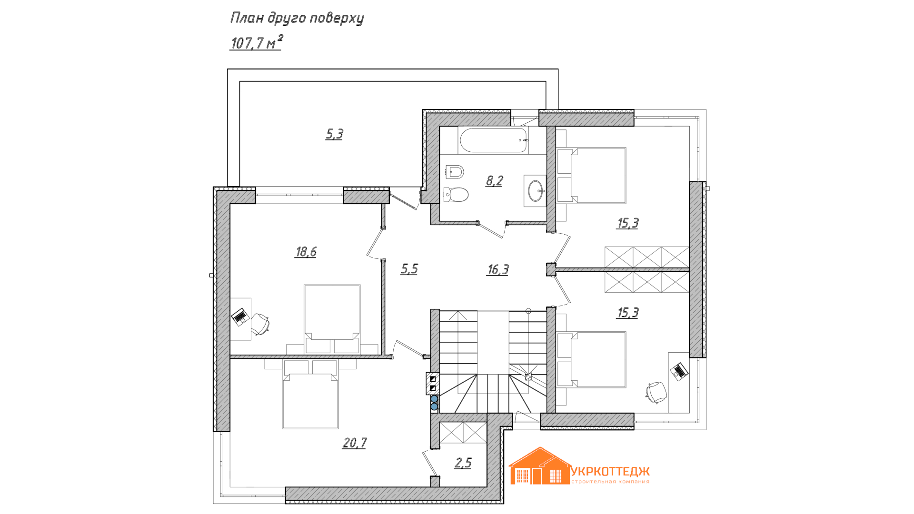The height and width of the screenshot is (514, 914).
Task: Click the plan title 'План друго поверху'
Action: point(297,18)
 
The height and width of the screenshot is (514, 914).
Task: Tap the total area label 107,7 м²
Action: point(256,42)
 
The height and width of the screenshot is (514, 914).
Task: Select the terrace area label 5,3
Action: point(334,134)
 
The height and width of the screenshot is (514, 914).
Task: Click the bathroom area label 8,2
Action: point(495,181)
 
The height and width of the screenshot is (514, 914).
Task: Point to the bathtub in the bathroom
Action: point(494,140)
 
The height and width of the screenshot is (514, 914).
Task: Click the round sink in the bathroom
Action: point(536,191)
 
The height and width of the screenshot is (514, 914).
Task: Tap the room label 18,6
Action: point(306,252)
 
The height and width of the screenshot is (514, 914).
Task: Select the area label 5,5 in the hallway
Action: point(409,269)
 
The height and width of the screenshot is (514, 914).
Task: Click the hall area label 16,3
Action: point(498,270)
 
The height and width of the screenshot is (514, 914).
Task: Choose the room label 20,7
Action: point(355,443)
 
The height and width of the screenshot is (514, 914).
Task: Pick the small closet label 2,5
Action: point(463,463)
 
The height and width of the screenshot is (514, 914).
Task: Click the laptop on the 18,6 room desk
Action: point(240,316)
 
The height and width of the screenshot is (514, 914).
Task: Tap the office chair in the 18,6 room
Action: point(260,324)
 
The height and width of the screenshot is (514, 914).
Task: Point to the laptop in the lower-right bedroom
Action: point(679,371)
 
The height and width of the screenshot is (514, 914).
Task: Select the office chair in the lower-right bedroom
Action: point(656,392)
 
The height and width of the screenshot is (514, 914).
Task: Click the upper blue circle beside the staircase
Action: point(434,399)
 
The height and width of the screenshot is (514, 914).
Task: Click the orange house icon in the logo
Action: point(540,466)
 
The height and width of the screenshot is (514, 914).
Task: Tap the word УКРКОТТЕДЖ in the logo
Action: point(610,472)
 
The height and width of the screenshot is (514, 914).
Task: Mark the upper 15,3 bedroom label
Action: point(628,223)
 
